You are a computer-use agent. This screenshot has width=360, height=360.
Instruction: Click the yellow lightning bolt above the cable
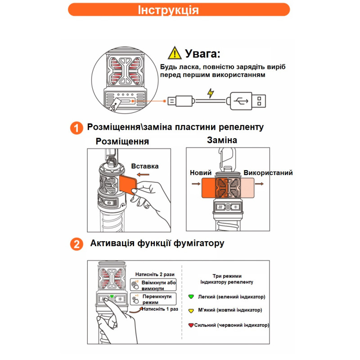point(210,93)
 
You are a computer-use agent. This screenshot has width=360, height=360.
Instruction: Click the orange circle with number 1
point(76,128)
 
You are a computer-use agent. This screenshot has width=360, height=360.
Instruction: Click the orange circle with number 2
point(76,244)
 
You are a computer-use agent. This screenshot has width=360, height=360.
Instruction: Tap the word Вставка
point(145,166)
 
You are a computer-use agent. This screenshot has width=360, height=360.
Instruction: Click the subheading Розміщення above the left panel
point(122,141)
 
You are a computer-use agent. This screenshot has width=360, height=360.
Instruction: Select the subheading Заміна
point(222,140)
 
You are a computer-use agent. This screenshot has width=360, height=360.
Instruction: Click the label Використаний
point(268,173)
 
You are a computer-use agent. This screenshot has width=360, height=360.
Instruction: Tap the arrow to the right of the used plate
point(260,184)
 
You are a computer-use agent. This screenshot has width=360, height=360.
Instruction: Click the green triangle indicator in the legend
point(191,297)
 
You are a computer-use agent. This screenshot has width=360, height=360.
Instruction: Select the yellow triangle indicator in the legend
point(191,310)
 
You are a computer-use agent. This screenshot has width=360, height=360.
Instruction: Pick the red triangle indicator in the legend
point(191,325)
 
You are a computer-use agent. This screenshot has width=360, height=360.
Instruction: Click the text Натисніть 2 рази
point(155,274)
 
